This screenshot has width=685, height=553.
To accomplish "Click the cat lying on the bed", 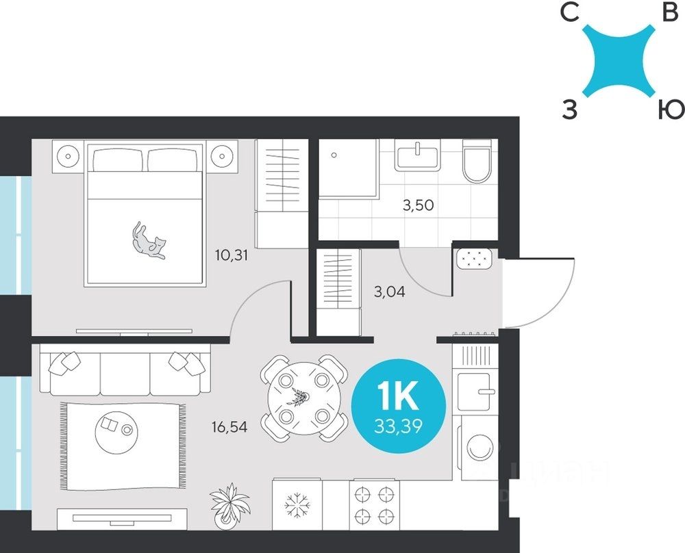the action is pyautogui.click(x=149, y=242).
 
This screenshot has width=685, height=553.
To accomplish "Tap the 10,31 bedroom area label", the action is pyautogui.click(x=232, y=255).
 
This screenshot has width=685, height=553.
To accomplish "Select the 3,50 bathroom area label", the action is pyautogui.click(x=418, y=205).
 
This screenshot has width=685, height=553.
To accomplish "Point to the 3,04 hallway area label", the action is pyautogui.click(x=389, y=291).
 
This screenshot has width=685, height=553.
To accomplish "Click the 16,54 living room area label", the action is pyautogui.click(x=229, y=427).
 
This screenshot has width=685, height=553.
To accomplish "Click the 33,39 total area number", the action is pyautogui.click(x=399, y=426).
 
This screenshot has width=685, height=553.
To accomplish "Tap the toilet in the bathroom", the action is pyautogui.click(x=476, y=161).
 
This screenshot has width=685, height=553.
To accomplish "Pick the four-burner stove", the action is pyautogui.click(x=375, y=505).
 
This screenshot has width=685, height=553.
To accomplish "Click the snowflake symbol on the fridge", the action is pyautogui.click(x=297, y=505).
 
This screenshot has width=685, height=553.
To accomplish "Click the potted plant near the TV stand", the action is pyautogui.click(x=229, y=505).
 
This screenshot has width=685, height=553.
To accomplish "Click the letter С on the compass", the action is pyautogui.click(x=570, y=14).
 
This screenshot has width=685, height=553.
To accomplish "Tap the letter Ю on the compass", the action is pyautogui.click(x=671, y=110).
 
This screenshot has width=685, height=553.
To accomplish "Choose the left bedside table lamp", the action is pyautogui.click(x=68, y=155).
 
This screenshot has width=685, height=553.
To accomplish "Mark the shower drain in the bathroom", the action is pyautogui.click(x=334, y=155).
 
